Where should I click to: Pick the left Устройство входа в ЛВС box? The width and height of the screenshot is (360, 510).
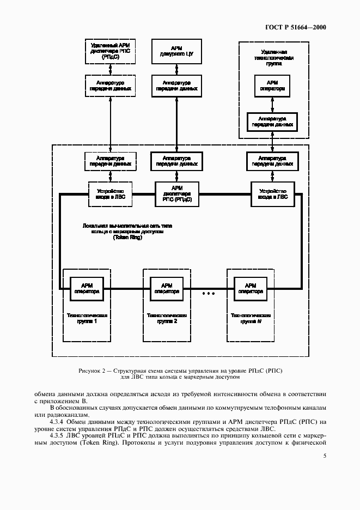point(111,194)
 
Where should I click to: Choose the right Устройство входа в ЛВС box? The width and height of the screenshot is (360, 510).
point(272,194)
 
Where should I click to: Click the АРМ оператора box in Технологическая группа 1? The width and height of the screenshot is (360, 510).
point(87,288)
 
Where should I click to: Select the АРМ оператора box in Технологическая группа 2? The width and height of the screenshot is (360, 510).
point(167,288)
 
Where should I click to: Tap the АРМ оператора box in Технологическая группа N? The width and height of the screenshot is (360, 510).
point(250,288)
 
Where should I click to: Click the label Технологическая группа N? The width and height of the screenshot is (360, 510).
point(251,318)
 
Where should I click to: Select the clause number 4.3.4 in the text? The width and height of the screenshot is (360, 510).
point(58,422)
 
